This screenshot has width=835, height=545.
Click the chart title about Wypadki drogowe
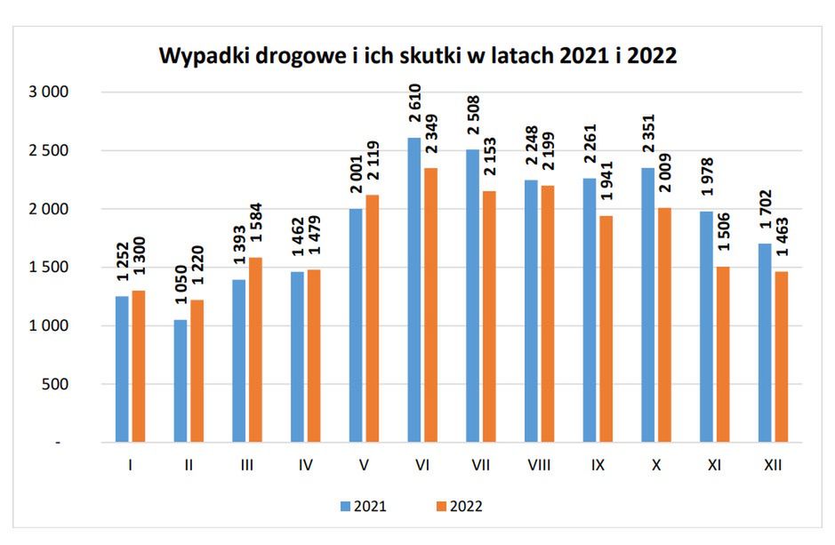[418, 56]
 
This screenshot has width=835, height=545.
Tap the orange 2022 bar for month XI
[722, 355]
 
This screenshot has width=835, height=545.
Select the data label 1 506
[722, 238]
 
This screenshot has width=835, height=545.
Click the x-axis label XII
[773, 463]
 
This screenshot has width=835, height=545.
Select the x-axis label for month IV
[306, 463]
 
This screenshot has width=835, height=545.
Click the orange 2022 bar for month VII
[489, 317]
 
